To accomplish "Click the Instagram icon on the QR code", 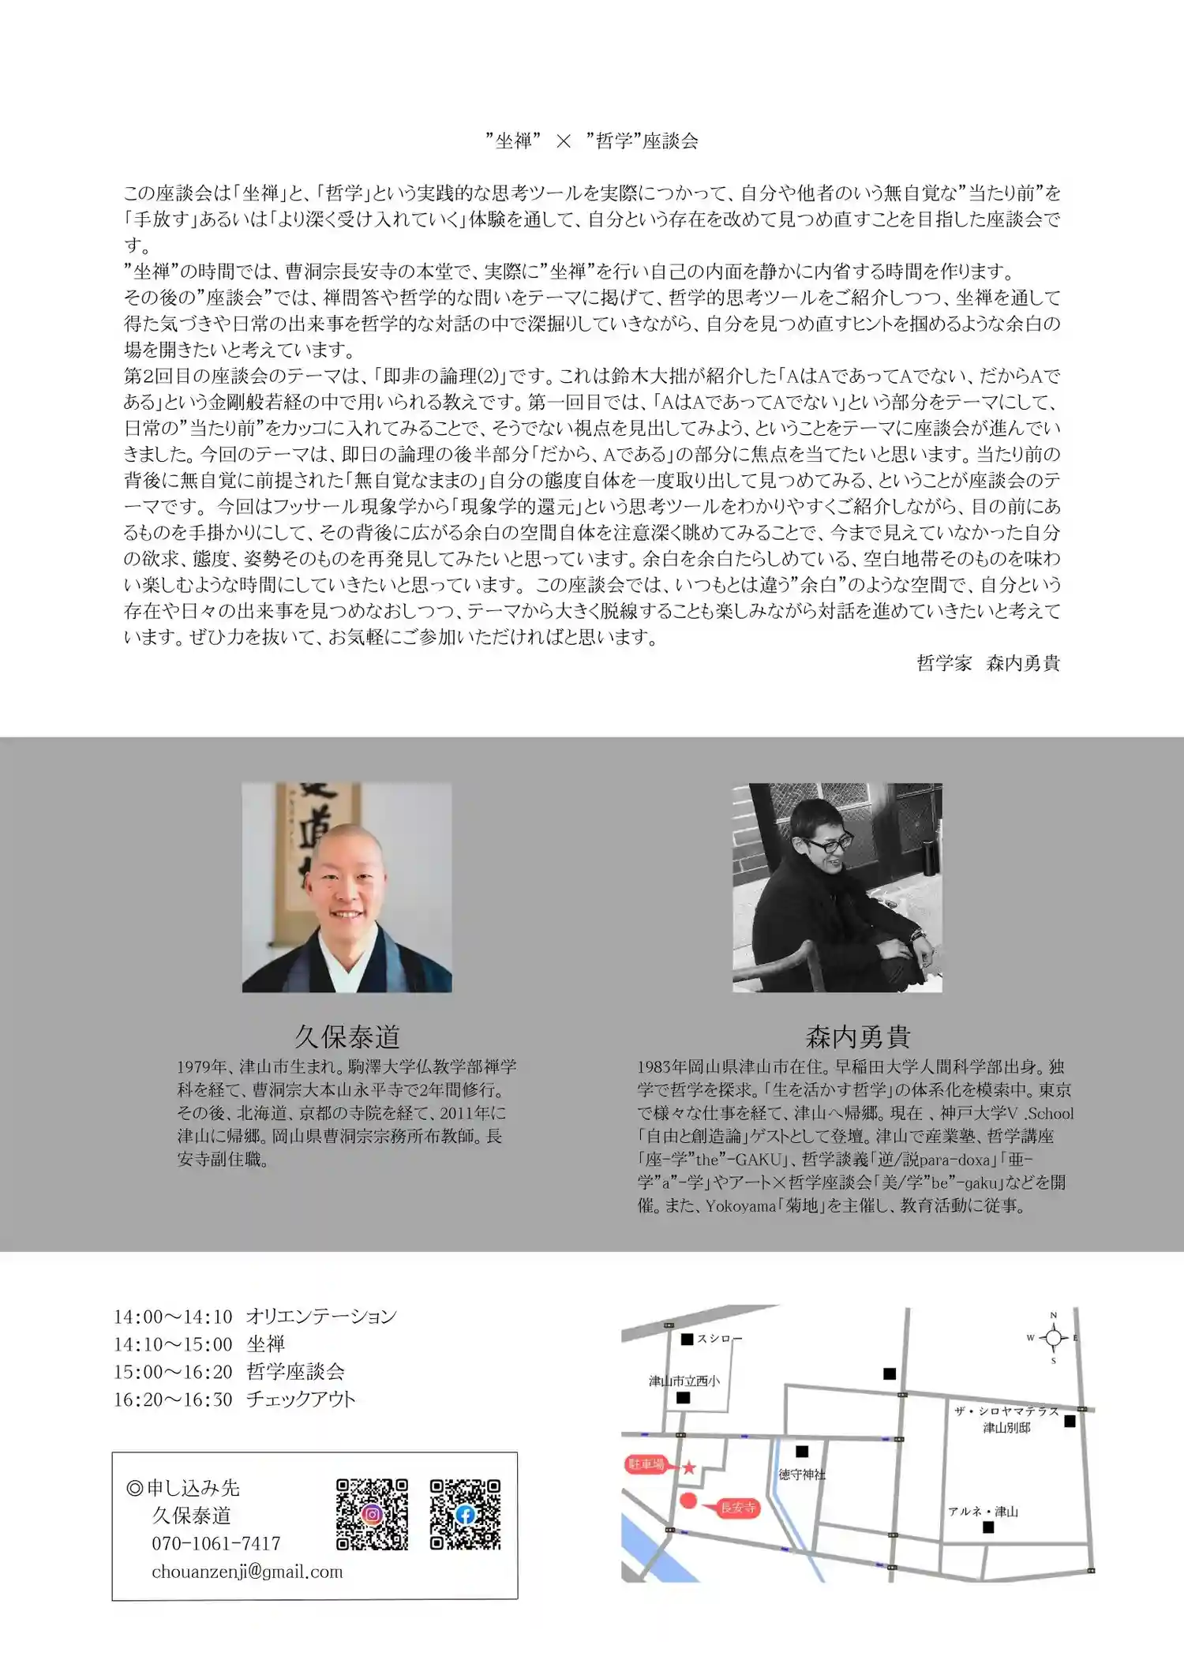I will click(372, 1514).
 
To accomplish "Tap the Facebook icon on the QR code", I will click(465, 1514).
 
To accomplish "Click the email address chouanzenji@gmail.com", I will click(247, 1572).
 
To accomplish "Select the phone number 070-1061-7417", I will click(216, 1543).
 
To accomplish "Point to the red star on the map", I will click(688, 1467).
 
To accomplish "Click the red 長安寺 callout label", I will click(737, 1508).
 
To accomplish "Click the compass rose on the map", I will click(1053, 1338).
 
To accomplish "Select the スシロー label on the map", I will click(718, 1339).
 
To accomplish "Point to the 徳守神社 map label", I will click(802, 1474).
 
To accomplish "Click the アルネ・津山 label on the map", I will click(983, 1512).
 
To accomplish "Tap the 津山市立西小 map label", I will click(684, 1381).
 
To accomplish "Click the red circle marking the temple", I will click(688, 1501).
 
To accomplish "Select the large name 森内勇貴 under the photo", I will click(858, 1036).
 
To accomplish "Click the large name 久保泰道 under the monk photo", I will click(347, 1036).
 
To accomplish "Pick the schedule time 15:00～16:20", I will click(173, 1371).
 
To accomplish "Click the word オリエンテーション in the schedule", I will click(321, 1316).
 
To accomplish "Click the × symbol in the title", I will click(563, 141).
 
